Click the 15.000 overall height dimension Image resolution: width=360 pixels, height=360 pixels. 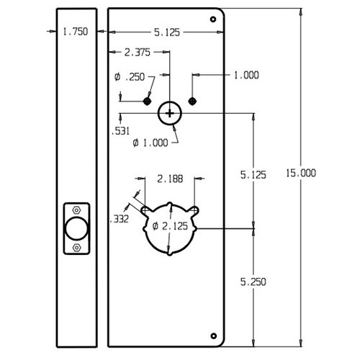pyautogui.click(x=301, y=173)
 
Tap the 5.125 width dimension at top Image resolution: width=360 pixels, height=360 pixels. pyautogui.click(x=167, y=32)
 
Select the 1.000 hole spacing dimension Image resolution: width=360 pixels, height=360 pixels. pyautogui.click(x=246, y=75)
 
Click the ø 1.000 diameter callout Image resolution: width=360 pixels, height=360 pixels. pyautogui.click(x=150, y=143)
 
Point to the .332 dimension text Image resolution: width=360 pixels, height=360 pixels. pyautogui.click(x=119, y=220)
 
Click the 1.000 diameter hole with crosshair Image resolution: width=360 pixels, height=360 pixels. pyautogui.click(x=169, y=112)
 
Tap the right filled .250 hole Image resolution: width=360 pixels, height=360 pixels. pyautogui.click(x=192, y=100)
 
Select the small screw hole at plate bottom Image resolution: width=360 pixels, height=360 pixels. pyautogui.click(x=213, y=334)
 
